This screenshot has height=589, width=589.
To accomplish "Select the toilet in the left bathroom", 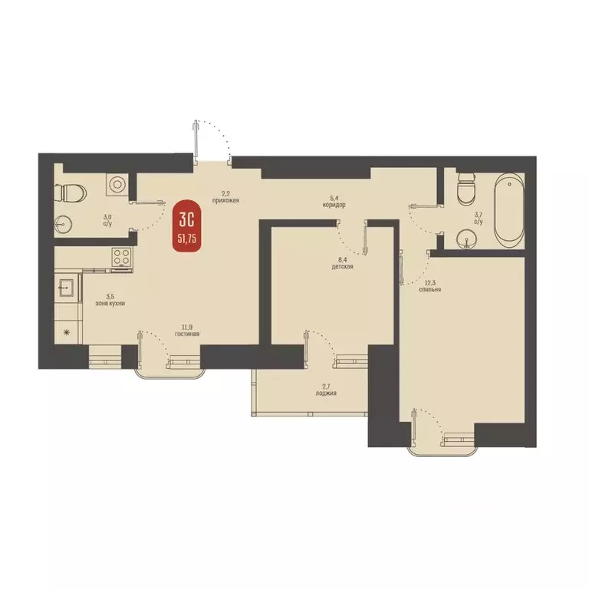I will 71,192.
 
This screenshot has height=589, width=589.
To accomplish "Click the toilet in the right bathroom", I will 466,189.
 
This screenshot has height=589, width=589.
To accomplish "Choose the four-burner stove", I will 121,258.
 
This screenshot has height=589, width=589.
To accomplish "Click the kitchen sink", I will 67,288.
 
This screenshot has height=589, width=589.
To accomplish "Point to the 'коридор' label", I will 334,206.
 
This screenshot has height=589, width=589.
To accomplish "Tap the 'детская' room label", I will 342,267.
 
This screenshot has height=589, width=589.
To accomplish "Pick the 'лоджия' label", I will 326,393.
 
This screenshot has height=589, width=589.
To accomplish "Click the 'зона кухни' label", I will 110,304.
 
